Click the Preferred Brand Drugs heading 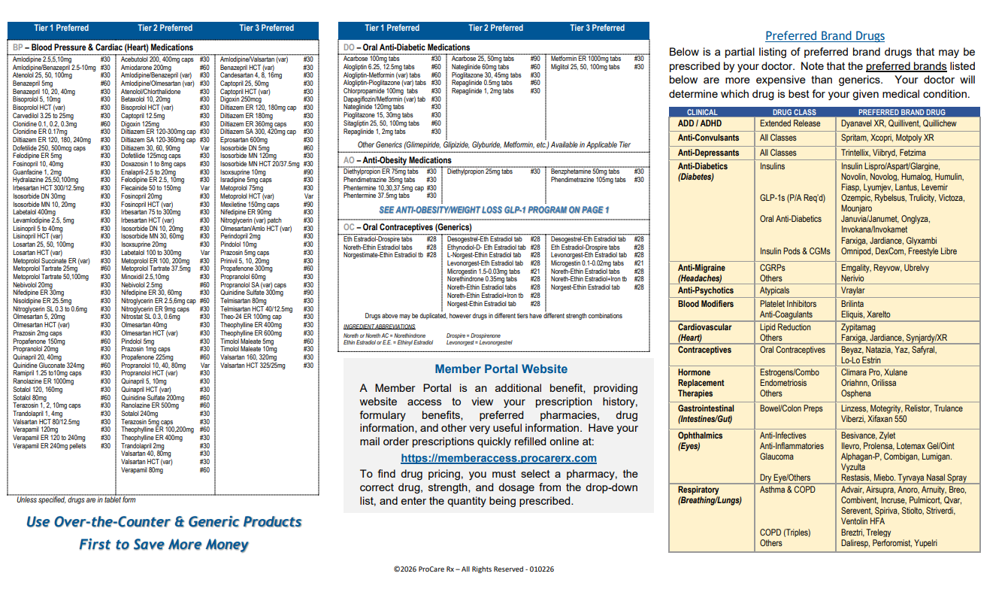(825, 36)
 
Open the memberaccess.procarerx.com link (498, 458)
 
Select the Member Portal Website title (501, 369)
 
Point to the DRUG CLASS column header (795, 112)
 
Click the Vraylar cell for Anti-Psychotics (852, 290)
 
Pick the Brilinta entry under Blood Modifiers (852, 304)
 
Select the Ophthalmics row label (700, 435)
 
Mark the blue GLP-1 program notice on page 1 (494, 210)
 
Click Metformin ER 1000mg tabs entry (586, 59)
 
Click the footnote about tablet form (76, 500)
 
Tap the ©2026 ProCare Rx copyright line (474, 569)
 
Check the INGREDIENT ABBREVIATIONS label (379, 327)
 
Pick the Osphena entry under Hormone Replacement (855, 393)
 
